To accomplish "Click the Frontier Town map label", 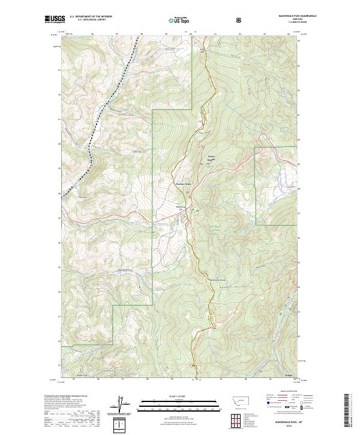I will [182, 184].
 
